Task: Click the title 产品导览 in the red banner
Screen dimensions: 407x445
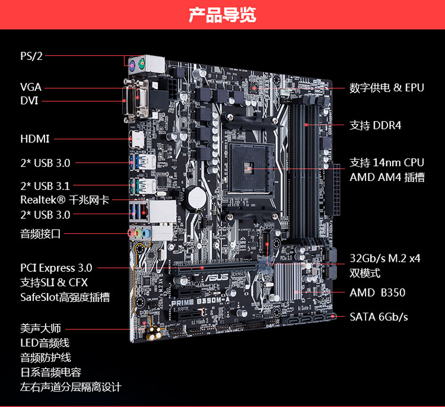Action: click(x=222, y=15)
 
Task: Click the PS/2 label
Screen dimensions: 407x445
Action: click(x=31, y=56)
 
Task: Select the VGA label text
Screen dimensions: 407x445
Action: click(x=31, y=87)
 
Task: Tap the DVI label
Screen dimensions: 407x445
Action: click(x=29, y=101)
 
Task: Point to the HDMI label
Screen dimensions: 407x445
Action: click(x=35, y=139)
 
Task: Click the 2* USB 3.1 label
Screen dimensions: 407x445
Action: click(x=45, y=186)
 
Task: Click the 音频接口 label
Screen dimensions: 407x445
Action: click(x=40, y=234)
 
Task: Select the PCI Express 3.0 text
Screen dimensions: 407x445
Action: click(x=56, y=268)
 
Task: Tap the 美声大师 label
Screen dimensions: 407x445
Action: click(x=40, y=329)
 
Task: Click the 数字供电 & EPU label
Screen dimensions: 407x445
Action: click(x=387, y=88)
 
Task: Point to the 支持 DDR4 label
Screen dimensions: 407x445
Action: click(x=376, y=125)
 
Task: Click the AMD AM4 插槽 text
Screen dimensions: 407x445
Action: click(x=387, y=177)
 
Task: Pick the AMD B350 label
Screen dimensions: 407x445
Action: click(x=377, y=293)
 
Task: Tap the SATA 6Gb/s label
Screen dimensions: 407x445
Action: click(x=379, y=317)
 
